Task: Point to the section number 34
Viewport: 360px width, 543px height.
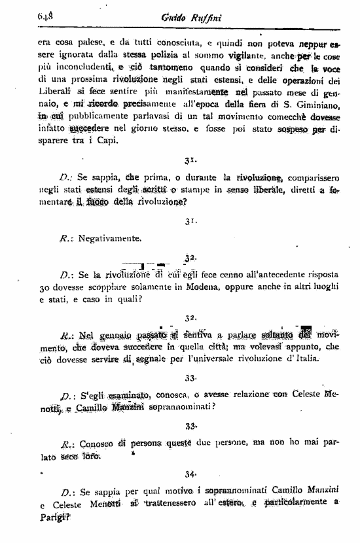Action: pyautogui.click(x=190, y=474)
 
